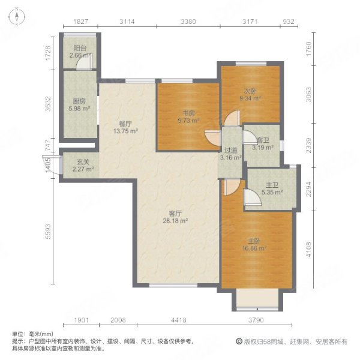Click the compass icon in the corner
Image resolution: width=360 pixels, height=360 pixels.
17,17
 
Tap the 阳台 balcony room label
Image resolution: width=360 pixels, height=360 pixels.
78,49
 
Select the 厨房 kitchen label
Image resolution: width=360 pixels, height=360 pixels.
79,102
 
